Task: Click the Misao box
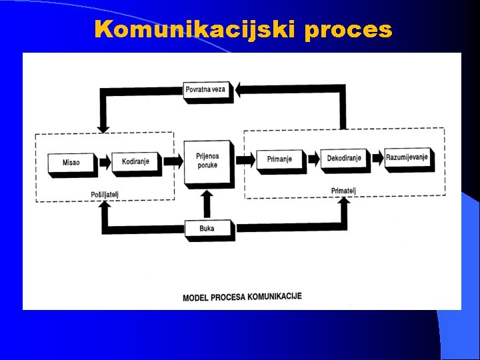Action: coord(70,163)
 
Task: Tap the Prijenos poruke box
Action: coord(207,161)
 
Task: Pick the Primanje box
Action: coord(279,159)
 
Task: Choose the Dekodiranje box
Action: coord(344,159)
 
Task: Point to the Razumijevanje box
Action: coord(407,158)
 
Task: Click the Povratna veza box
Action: coord(207,89)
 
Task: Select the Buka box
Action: coord(207,229)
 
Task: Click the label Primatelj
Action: coord(343,191)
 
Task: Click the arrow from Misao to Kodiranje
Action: coord(103,162)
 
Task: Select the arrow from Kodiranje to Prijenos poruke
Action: coord(172,161)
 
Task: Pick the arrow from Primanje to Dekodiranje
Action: coord(311,159)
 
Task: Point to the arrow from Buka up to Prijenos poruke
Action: coord(207,203)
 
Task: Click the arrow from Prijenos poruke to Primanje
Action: coord(245,160)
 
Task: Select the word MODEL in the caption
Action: coord(195,297)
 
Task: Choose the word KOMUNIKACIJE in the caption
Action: coord(275,295)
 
